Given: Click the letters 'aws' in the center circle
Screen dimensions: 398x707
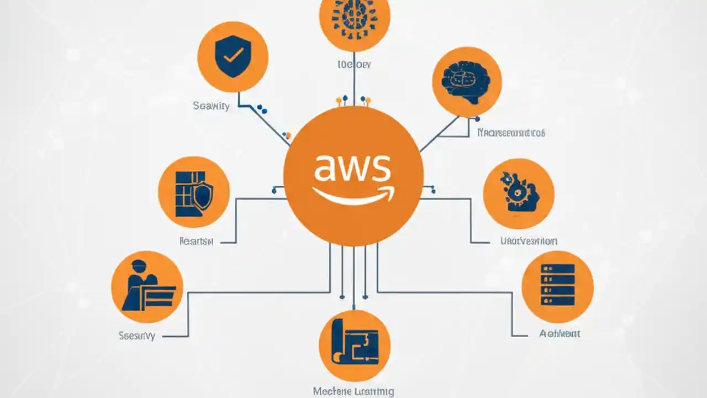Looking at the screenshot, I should click(352, 168).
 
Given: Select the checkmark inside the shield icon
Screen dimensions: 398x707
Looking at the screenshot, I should click(233, 55).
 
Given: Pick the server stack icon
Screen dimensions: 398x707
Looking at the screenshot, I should click(557, 286).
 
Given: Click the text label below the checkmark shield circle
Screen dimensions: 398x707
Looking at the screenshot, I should click(211, 106).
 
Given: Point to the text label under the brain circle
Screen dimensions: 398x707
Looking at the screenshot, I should click(510, 133).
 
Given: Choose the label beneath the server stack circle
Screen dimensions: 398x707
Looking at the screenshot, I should click(559, 334).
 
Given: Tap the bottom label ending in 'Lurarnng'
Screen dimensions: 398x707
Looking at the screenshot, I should click(353, 391).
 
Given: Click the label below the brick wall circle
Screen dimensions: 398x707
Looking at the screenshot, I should click(197, 241).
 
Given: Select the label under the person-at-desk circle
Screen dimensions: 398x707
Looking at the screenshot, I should click(137, 335).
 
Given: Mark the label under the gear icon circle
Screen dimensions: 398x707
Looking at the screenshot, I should click(529, 241).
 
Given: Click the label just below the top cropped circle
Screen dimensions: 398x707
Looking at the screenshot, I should click(353, 65).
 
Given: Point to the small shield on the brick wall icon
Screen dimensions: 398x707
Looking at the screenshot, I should click(203, 197).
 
